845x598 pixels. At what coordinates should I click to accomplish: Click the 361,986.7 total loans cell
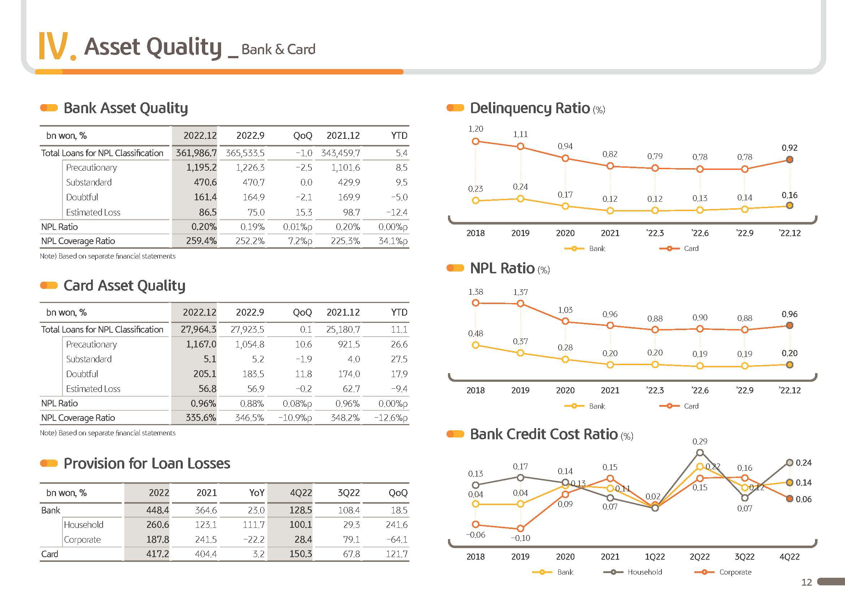[196, 153]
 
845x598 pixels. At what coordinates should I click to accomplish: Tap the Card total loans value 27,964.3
[198, 329]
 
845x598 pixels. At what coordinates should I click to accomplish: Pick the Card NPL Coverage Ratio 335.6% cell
[201, 418]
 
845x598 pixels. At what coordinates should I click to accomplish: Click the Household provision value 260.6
[158, 524]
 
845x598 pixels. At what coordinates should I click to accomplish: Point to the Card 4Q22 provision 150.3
[301, 554]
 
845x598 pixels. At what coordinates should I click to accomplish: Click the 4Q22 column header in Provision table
[301, 493]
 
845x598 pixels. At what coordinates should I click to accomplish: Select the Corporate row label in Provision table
[82, 539]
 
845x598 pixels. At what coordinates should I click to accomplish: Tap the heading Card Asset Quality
[124, 286]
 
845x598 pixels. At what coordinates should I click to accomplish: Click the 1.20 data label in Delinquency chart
[475, 129]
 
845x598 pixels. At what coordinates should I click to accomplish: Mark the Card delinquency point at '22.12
[789, 159]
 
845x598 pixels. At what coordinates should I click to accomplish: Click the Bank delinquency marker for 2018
[475, 201]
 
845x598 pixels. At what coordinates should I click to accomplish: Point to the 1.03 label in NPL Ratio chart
[565, 310]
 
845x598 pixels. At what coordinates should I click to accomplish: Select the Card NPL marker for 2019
[520, 304]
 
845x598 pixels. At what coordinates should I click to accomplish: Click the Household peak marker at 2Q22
[700, 453]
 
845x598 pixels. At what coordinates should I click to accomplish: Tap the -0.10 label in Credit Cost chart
[520, 538]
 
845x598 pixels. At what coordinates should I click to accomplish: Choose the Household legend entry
[633, 572]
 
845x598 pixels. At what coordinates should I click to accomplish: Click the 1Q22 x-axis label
[655, 556]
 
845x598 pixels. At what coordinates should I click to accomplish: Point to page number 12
[806, 582]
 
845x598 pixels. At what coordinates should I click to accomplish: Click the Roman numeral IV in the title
[54, 46]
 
